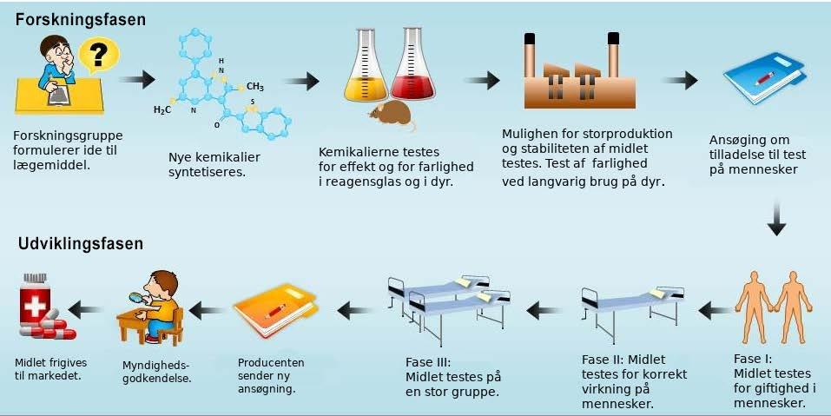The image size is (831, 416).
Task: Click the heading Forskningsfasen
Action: (x=80, y=18)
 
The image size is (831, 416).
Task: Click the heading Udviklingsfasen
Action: (x=81, y=244)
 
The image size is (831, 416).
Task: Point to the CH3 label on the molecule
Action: (x=254, y=86)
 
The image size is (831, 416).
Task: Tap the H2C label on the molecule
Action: (x=162, y=110)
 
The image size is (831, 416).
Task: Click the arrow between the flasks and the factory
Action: (x=481, y=80)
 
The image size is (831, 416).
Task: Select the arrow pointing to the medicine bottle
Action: (x=88, y=308)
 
